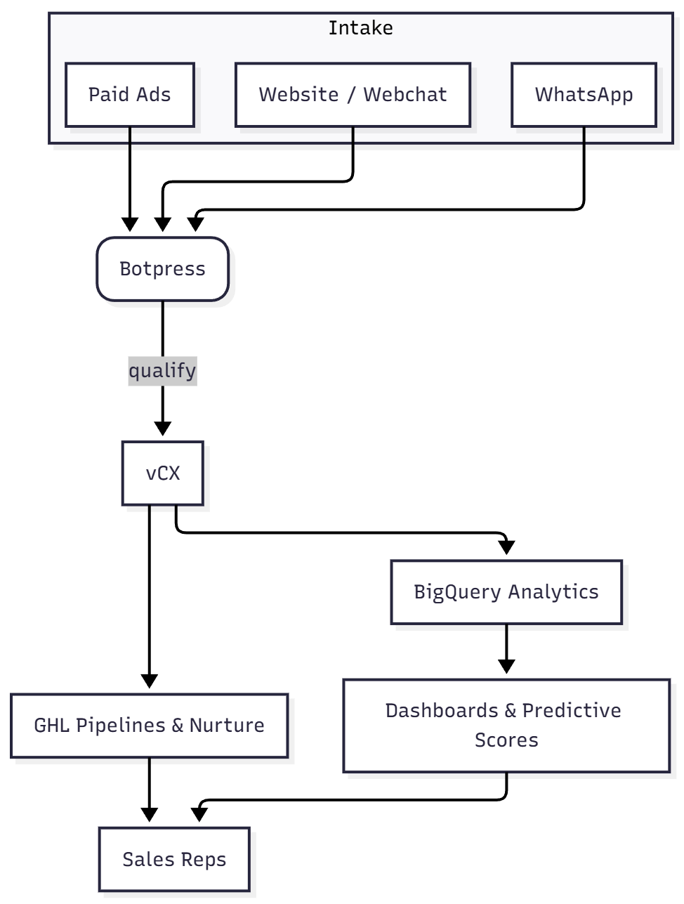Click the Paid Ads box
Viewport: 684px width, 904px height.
coord(130,95)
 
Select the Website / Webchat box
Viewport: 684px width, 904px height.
coord(353,95)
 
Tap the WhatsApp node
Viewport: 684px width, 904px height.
coord(584,95)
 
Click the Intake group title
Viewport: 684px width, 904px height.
coord(360,28)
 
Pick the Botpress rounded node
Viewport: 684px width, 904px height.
coord(163,269)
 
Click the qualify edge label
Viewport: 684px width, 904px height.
coord(162,370)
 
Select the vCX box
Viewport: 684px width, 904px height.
coord(163,473)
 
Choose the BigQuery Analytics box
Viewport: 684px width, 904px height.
coord(506,592)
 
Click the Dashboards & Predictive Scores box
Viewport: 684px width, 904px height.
coord(506,726)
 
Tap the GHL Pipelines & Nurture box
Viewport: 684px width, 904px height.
coord(150,726)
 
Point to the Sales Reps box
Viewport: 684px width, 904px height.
coord(174,860)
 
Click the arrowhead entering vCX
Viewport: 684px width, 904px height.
coord(163,428)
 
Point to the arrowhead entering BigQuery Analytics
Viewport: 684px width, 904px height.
coord(506,547)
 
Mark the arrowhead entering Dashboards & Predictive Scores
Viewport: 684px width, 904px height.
coord(506,667)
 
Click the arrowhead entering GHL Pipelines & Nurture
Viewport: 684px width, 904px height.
coord(150,681)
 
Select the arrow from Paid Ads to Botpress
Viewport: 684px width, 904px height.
coord(130,176)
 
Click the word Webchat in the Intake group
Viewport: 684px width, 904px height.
coord(405,95)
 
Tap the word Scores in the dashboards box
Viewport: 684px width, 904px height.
coord(506,740)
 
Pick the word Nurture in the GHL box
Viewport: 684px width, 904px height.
coord(227,726)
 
